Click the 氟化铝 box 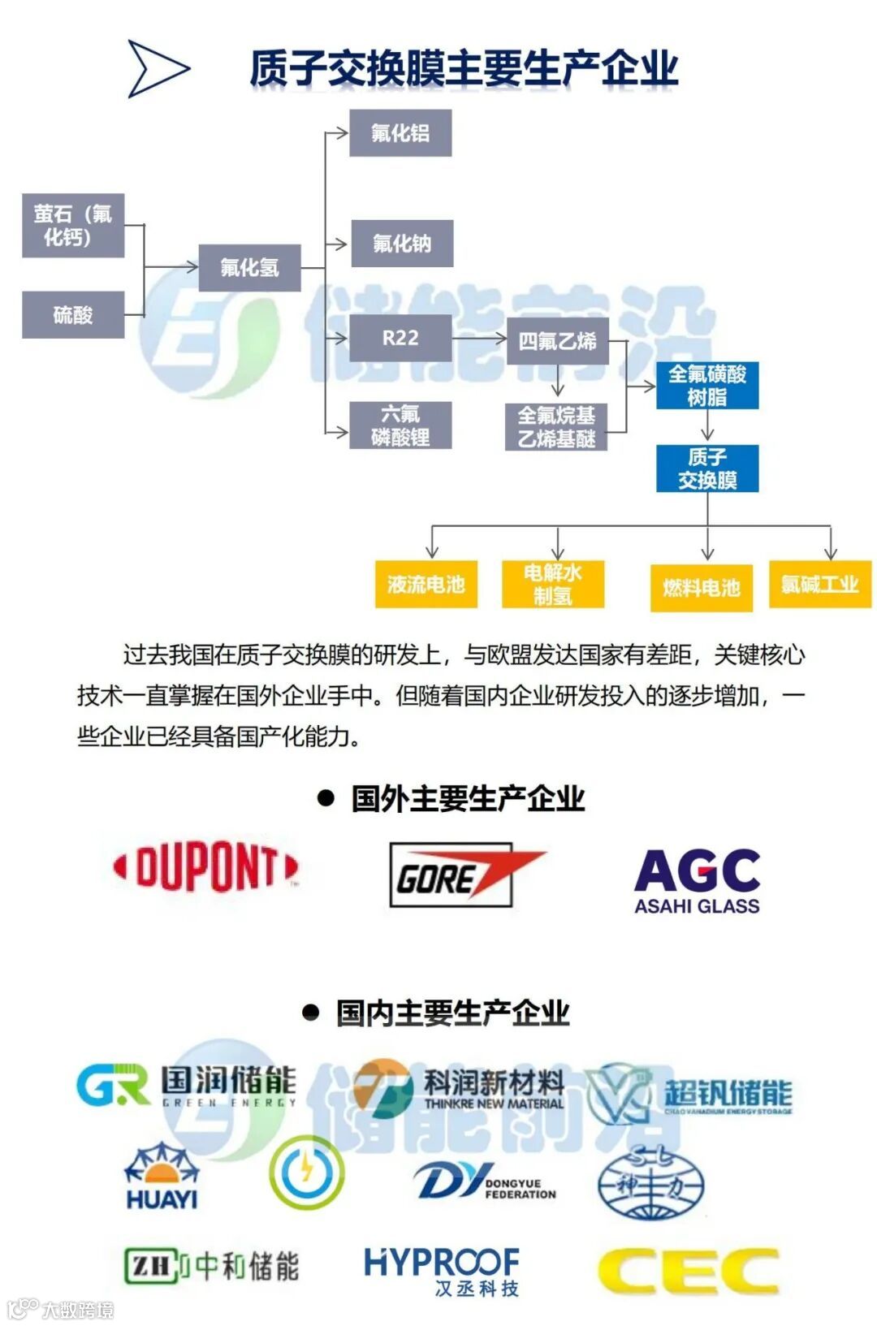(x=400, y=133)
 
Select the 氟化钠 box (x=402, y=244)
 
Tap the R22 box (x=400, y=338)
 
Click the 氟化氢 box (x=249, y=267)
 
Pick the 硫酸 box (x=73, y=314)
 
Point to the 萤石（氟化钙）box (x=73, y=225)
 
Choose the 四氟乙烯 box (x=557, y=341)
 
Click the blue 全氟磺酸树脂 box (x=707, y=386)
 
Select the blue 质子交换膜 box (x=707, y=469)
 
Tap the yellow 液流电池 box (x=426, y=585)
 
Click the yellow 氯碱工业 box (x=820, y=585)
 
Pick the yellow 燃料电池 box (x=702, y=588)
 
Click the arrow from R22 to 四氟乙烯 (x=479, y=338)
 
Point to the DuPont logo (x=205, y=867)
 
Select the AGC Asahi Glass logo (x=697, y=881)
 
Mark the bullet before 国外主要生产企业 (x=326, y=799)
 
